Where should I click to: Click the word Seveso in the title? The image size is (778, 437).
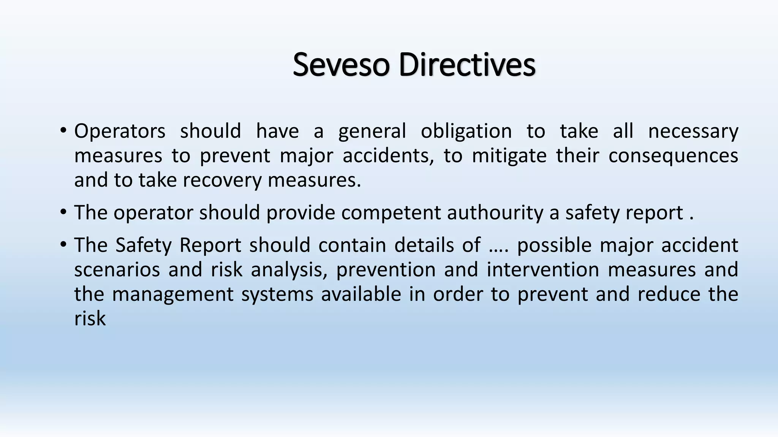(x=341, y=64)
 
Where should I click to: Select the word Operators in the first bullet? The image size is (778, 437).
(x=120, y=131)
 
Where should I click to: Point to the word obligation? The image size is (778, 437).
(x=466, y=131)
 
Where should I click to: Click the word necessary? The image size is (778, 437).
(x=693, y=131)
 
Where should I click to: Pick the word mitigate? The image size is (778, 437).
(x=509, y=156)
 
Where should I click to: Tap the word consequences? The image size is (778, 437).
(x=673, y=156)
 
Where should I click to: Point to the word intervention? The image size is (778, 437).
(x=543, y=270)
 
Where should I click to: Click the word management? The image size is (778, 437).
(x=172, y=294)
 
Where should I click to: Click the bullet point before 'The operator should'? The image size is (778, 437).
(x=63, y=213)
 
